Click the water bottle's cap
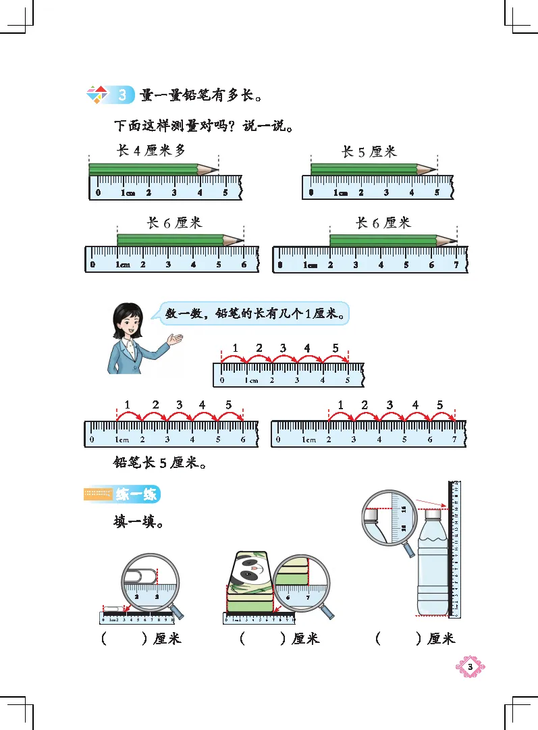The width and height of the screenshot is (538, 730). pyautogui.click(x=432, y=515)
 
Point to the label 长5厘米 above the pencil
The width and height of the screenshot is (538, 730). pyautogui.click(x=370, y=151)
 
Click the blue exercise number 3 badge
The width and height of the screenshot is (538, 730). pyautogui.click(x=122, y=95)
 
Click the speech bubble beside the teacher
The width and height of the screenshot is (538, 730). pyautogui.click(x=256, y=313)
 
